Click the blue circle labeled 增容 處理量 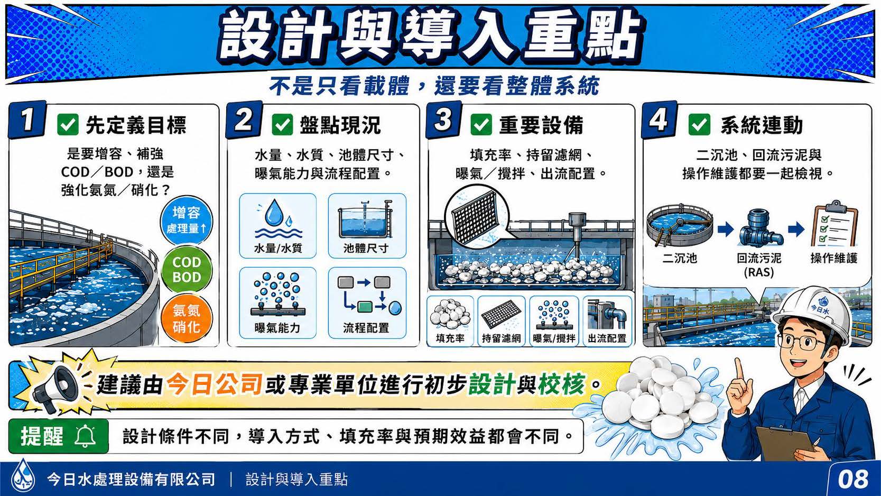187,221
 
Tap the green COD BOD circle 187,270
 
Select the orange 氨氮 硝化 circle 187,319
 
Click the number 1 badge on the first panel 27,120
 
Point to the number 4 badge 660,120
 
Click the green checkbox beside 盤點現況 282,125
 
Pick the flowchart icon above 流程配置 368,295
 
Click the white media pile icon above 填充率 450,315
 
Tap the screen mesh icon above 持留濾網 501,315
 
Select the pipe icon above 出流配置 607,315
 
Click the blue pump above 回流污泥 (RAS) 760,228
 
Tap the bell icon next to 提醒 85,436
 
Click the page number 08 852,479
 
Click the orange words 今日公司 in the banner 215,384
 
